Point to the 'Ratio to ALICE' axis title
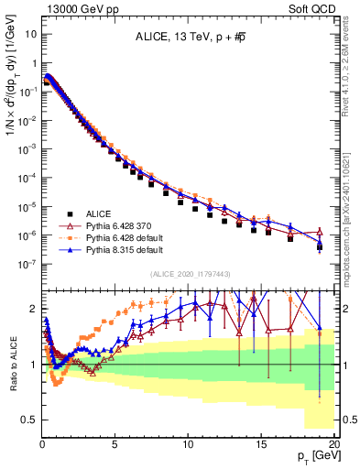point(10,364)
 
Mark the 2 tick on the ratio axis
point(33,309)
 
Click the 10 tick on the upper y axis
point(29,34)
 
